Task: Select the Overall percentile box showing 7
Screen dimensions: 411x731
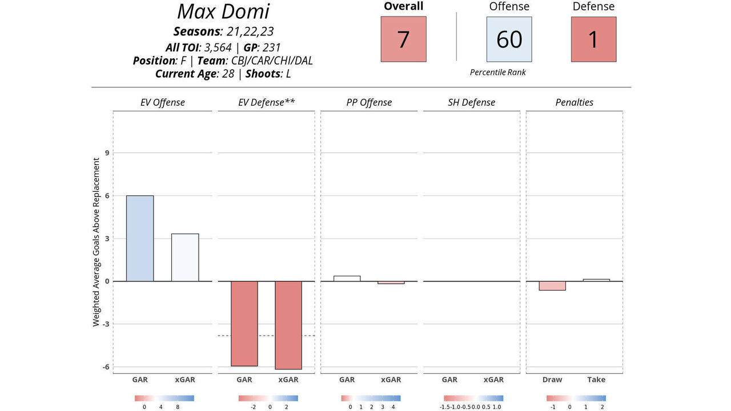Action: [403, 39]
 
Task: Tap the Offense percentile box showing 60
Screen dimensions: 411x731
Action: [509, 39]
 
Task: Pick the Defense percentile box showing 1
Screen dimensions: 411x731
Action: [593, 39]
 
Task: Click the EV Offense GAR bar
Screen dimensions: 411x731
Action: [140, 239]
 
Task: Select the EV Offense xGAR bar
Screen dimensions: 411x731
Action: [185, 257]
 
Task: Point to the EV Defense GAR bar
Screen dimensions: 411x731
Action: [244, 323]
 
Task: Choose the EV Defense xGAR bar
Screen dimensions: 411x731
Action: [288, 325]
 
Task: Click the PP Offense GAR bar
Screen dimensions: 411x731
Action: [347, 279]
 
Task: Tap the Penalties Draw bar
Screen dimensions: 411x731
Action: [552, 285]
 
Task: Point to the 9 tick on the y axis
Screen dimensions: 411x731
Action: [106, 153]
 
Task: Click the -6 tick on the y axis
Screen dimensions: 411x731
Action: [106, 367]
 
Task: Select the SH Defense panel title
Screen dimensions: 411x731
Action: [471, 103]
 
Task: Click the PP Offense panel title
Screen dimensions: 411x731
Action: [369, 103]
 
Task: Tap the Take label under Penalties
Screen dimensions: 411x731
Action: [596, 380]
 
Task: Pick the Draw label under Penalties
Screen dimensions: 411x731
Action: [552, 380]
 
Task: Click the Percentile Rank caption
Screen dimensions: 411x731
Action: [498, 72]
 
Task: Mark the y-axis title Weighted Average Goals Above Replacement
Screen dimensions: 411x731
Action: [96, 242]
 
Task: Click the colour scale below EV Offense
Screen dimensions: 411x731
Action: [164, 398]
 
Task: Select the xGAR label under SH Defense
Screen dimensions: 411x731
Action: [493, 380]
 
